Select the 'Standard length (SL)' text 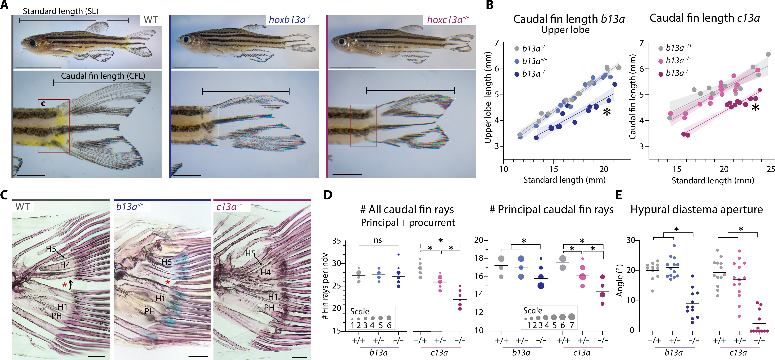click(60, 11)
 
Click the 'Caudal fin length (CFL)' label click(103, 76)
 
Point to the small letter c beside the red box click(43, 104)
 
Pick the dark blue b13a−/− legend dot click(517, 74)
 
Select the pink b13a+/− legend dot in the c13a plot click(661, 61)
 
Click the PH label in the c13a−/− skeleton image click(269, 307)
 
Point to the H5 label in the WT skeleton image click(51, 249)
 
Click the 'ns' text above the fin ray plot click(378, 240)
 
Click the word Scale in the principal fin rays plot click(533, 310)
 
